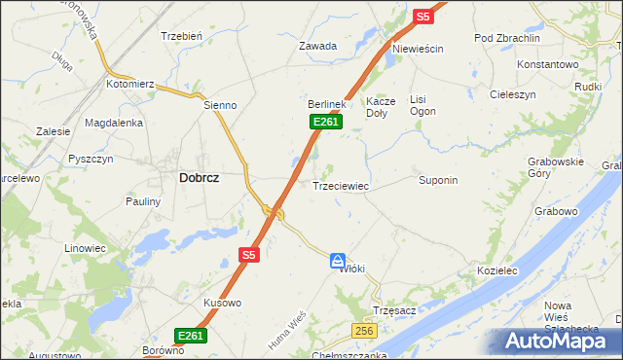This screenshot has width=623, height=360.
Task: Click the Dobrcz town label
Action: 199,178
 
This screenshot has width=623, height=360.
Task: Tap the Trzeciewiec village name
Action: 340,185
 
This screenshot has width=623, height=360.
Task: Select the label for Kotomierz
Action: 131,85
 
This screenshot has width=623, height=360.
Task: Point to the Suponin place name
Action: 438,181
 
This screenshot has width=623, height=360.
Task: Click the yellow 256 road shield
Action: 364,332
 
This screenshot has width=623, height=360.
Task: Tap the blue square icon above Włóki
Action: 337,260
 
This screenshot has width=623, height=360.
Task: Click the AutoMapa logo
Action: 558,342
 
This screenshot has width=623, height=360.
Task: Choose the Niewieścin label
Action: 418,49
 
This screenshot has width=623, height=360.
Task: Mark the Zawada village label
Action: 317,46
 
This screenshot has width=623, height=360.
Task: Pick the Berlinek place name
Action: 327,103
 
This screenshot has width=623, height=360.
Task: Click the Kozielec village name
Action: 495,270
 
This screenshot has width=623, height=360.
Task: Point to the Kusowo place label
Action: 222,303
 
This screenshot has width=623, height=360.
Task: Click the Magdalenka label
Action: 114,123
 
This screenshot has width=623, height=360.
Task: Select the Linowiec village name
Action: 84,248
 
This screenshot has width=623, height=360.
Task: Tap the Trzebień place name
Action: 181,36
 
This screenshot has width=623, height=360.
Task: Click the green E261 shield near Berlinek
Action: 326,121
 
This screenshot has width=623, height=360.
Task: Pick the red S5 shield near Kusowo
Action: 248,255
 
